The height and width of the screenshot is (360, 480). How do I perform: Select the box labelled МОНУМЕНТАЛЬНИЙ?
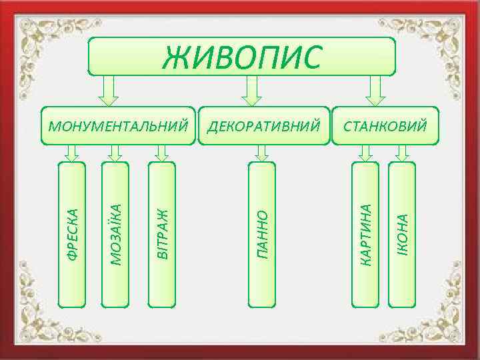pos(118,125)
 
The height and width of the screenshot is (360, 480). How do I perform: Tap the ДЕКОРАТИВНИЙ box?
pos(265,125)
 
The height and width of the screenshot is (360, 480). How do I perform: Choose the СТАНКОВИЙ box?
pos(386,125)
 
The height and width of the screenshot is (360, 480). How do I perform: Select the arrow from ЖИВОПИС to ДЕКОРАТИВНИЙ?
pos(251,89)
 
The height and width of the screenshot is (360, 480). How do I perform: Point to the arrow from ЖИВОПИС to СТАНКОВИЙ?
pos(375,89)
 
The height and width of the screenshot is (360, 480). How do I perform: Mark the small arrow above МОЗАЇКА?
pos(115,153)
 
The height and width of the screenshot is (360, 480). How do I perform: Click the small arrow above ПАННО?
pos(261,153)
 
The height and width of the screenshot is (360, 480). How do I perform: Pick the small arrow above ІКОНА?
pos(401,153)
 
